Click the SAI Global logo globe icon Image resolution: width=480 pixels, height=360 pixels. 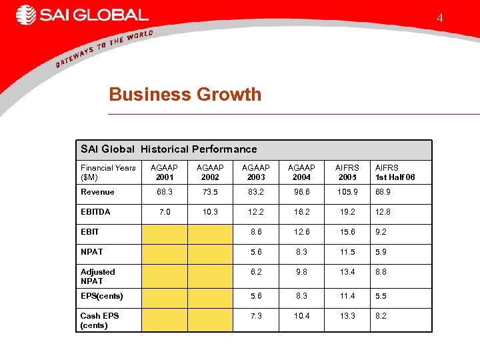click(x=26, y=15)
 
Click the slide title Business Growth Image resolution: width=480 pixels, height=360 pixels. click(x=185, y=95)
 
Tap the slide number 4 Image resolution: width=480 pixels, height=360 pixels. click(x=439, y=18)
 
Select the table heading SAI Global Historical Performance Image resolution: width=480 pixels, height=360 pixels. click(x=169, y=149)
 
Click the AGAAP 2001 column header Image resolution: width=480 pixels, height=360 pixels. click(x=164, y=173)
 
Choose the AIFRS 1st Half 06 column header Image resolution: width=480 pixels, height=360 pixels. click(x=395, y=173)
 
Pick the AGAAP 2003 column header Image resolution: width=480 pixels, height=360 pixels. click(x=256, y=173)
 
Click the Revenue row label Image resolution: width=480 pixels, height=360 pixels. click(x=97, y=192)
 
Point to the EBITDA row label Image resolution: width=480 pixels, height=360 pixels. click(x=95, y=212)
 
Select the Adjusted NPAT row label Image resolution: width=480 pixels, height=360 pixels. click(x=98, y=276)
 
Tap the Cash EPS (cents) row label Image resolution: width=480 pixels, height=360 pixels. click(x=99, y=320)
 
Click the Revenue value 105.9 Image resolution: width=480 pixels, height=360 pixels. click(x=347, y=192)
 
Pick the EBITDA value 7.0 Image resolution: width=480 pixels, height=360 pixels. click(x=164, y=212)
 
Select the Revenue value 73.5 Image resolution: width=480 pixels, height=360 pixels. click(x=210, y=192)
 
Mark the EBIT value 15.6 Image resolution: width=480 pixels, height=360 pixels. click(x=347, y=232)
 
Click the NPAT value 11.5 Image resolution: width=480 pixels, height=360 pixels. click(x=347, y=252)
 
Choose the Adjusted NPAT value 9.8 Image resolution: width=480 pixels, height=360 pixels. click(x=301, y=272)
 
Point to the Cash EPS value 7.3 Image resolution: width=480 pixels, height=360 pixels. click(x=256, y=316)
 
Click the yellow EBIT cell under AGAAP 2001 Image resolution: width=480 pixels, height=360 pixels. click(x=164, y=234)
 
